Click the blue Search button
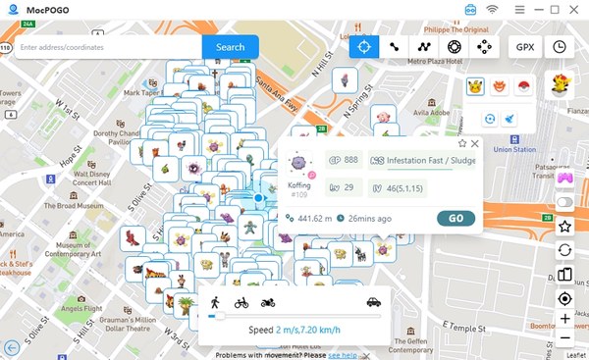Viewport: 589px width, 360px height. (x=231, y=47)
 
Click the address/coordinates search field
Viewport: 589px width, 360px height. (x=108, y=47)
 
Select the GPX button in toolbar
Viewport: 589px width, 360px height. (x=525, y=46)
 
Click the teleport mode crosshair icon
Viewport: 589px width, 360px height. (x=364, y=46)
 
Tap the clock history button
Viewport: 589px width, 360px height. (x=560, y=46)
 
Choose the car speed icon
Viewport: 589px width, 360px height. (x=373, y=302)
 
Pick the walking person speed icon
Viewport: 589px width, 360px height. (x=214, y=302)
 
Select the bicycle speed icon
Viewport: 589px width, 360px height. (x=241, y=302)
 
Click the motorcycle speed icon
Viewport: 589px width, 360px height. (x=268, y=302)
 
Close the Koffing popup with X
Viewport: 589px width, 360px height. (x=475, y=143)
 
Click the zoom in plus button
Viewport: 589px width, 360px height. (x=565, y=319)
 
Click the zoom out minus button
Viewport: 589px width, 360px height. (x=565, y=338)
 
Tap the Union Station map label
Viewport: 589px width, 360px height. (x=514, y=150)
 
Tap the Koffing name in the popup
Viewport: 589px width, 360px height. (x=299, y=184)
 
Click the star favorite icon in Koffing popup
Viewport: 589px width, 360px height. (x=462, y=143)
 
